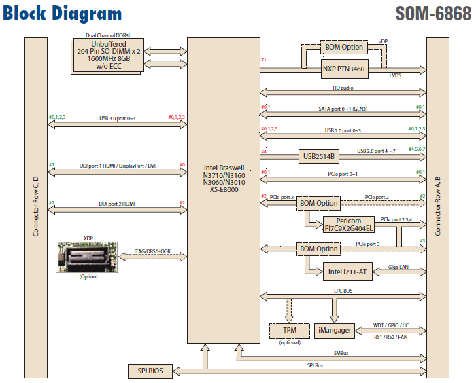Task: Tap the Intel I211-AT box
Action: (343, 272)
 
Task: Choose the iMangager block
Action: (335, 330)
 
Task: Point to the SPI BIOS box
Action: (150, 371)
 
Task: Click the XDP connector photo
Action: (88, 256)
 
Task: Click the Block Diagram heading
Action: (63, 14)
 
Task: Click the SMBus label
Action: (343, 354)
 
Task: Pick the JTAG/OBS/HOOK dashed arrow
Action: (153, 256)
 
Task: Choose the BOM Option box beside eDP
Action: (343, 47)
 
